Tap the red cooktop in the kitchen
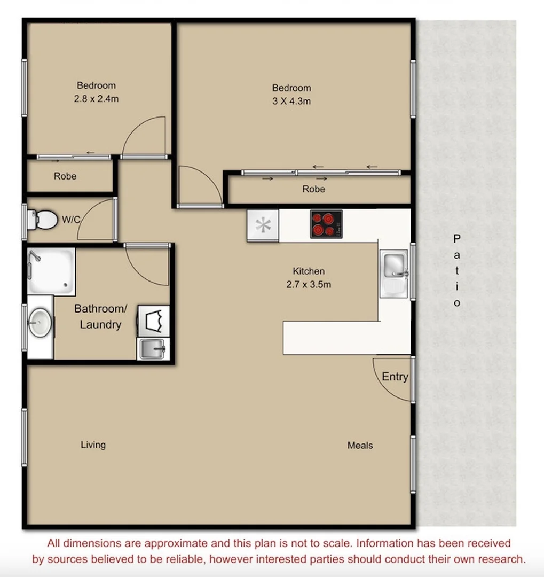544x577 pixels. pyautogui.click(x=326, y=224)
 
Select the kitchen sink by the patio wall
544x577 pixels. pyautogui.click(x=394, y=264)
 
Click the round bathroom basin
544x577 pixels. pyautogui.click(x=40, y=323)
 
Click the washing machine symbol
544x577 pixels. pyautogui.click(x=154, y=321)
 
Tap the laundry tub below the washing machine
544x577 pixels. pyautogui.click(x=153, y=350)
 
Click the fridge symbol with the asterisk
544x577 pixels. pyautogui.click(x=263, y=225)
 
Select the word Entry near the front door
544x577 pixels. pyautogui.click(x=395, y=377)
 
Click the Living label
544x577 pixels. pyautogui.click(x=93, y=445)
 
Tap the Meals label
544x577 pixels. pyautogui.click(x=360, y=445)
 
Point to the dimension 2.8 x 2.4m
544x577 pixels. pyautogui.click(x=96, y=98)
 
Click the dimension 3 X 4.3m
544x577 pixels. pyautogui.click(x=291, y=101)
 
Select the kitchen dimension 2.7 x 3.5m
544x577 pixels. pyautogui.click(x=309, y=284)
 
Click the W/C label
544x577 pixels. pyautogui.click(x=72, y=219)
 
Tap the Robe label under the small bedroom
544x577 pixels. pyautogui.click(x=65, y=176)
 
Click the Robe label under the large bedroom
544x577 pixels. pyautogui.click(x=313, y=189)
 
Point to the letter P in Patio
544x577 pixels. pyautogui.click(x=457, y=238)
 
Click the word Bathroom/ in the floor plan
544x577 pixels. pyautogui.click(x=101, y=309)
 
